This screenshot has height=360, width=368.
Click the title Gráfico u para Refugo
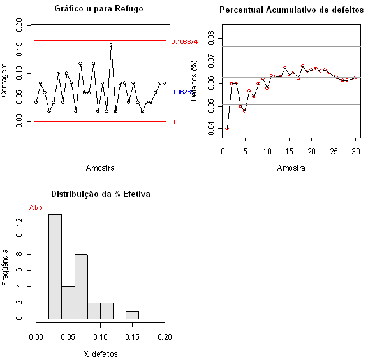(98, 9)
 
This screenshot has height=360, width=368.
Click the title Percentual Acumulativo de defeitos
(291, 10)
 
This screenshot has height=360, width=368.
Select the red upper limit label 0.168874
(184, 41)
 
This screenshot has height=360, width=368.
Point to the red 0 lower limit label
(173, 122)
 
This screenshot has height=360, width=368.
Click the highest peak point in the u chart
(111, 45)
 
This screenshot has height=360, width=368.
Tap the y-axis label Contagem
(6, 78)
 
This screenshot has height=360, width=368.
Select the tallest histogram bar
(55, 266)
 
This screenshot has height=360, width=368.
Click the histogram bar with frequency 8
(81, 285)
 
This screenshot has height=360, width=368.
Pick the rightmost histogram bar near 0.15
(132, 314)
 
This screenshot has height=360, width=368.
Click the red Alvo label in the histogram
(36, 208)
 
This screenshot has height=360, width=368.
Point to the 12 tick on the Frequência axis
(20, 222)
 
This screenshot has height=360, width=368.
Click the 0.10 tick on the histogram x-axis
(101, 336)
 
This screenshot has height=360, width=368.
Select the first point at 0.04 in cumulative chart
(227, 128)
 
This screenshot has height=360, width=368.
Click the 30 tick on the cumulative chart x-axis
(355, 151)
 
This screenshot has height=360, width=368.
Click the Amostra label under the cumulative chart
(291, 168)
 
